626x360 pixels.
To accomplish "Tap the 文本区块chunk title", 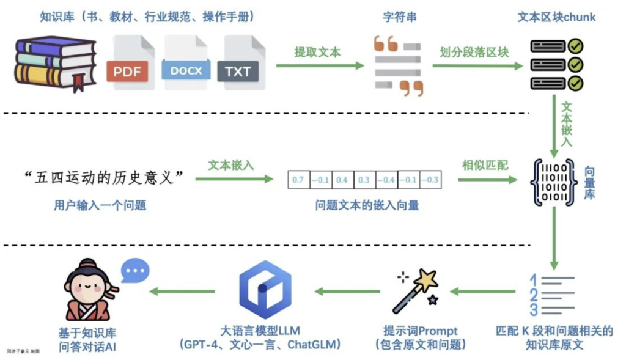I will pos(556,17).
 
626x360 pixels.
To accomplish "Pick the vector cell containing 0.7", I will pos(298,180).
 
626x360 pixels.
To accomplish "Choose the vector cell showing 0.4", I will pos(342,180).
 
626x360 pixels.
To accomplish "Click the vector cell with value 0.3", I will pos(364,180).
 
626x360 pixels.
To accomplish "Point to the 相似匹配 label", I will pos(485,166).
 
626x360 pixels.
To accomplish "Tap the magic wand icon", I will pos(417,290).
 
